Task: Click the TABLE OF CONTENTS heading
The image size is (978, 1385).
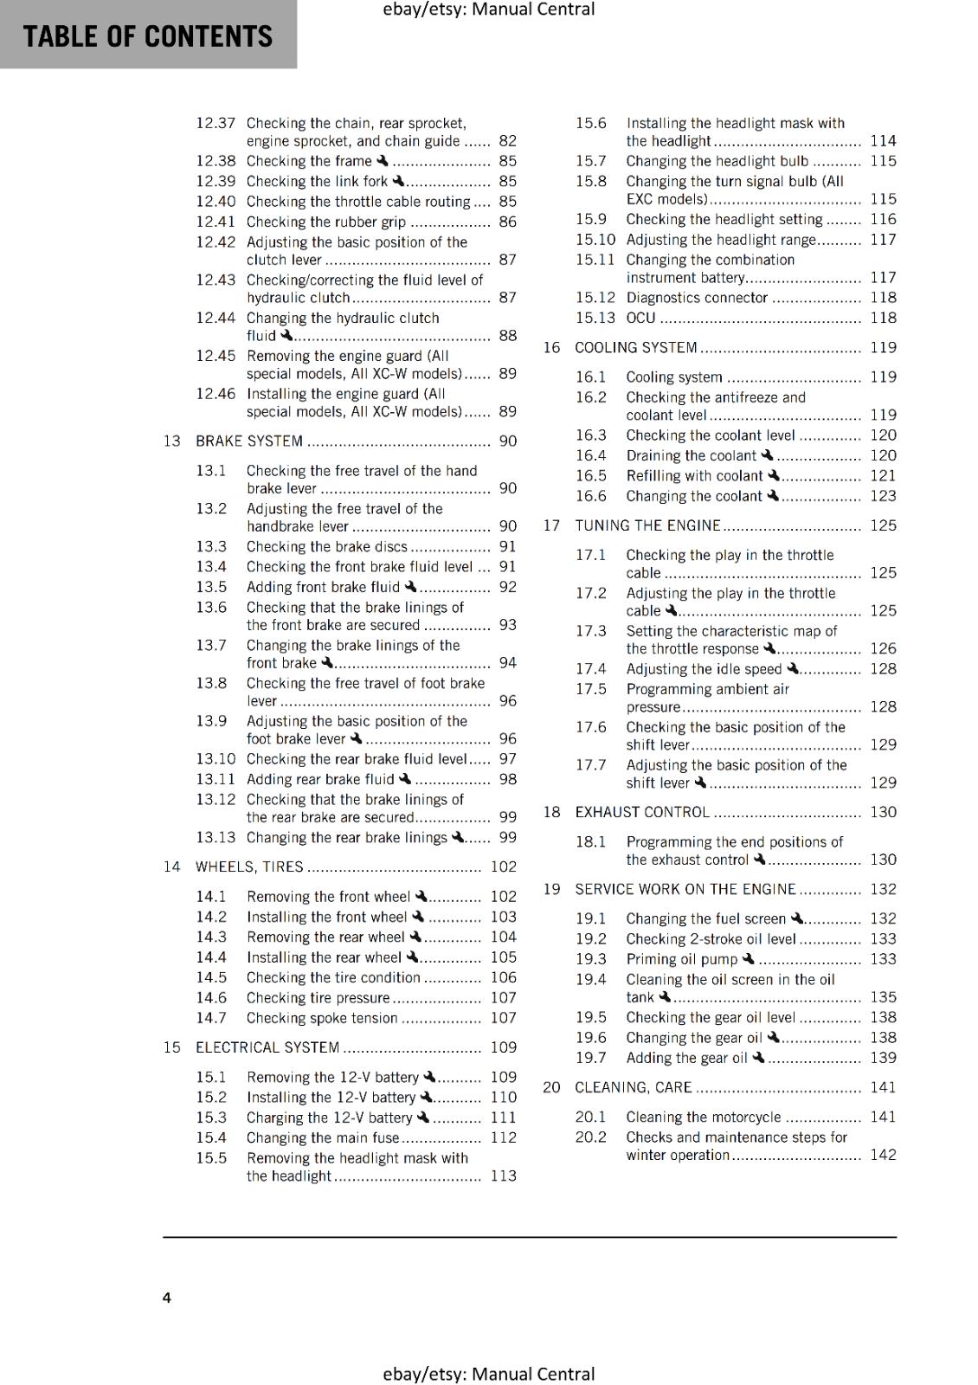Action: point(147,36)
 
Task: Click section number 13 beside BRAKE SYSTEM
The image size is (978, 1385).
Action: point(171,441)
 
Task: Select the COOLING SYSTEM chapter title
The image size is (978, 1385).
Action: point(635,348)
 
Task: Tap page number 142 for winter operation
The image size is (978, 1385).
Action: point(883,1155)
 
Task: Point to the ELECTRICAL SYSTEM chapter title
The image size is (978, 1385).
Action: point(267,1047)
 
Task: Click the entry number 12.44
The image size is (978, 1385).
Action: point(215,318)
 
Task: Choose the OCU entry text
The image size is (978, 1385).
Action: point(640,318)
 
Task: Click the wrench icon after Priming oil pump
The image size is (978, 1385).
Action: point(749,959)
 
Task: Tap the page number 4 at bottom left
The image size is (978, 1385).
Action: point(167,1298)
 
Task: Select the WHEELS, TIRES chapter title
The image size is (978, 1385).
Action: point(249,867)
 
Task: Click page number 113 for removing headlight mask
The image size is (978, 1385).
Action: point(503,1176)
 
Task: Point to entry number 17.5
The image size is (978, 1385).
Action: point(591,689)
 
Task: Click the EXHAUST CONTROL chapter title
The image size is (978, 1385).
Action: point(642,812)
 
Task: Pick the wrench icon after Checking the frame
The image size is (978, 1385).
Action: point(382,160)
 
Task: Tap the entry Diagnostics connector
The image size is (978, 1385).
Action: point(697,298)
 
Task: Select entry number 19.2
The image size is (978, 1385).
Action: point(591,938)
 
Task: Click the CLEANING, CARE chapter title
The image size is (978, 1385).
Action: point(633,1087)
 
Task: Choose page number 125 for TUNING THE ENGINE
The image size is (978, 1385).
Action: point(883,525)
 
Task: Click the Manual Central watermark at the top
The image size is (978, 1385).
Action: point(488,10)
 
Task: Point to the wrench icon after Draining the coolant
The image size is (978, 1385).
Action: point(767,455)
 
